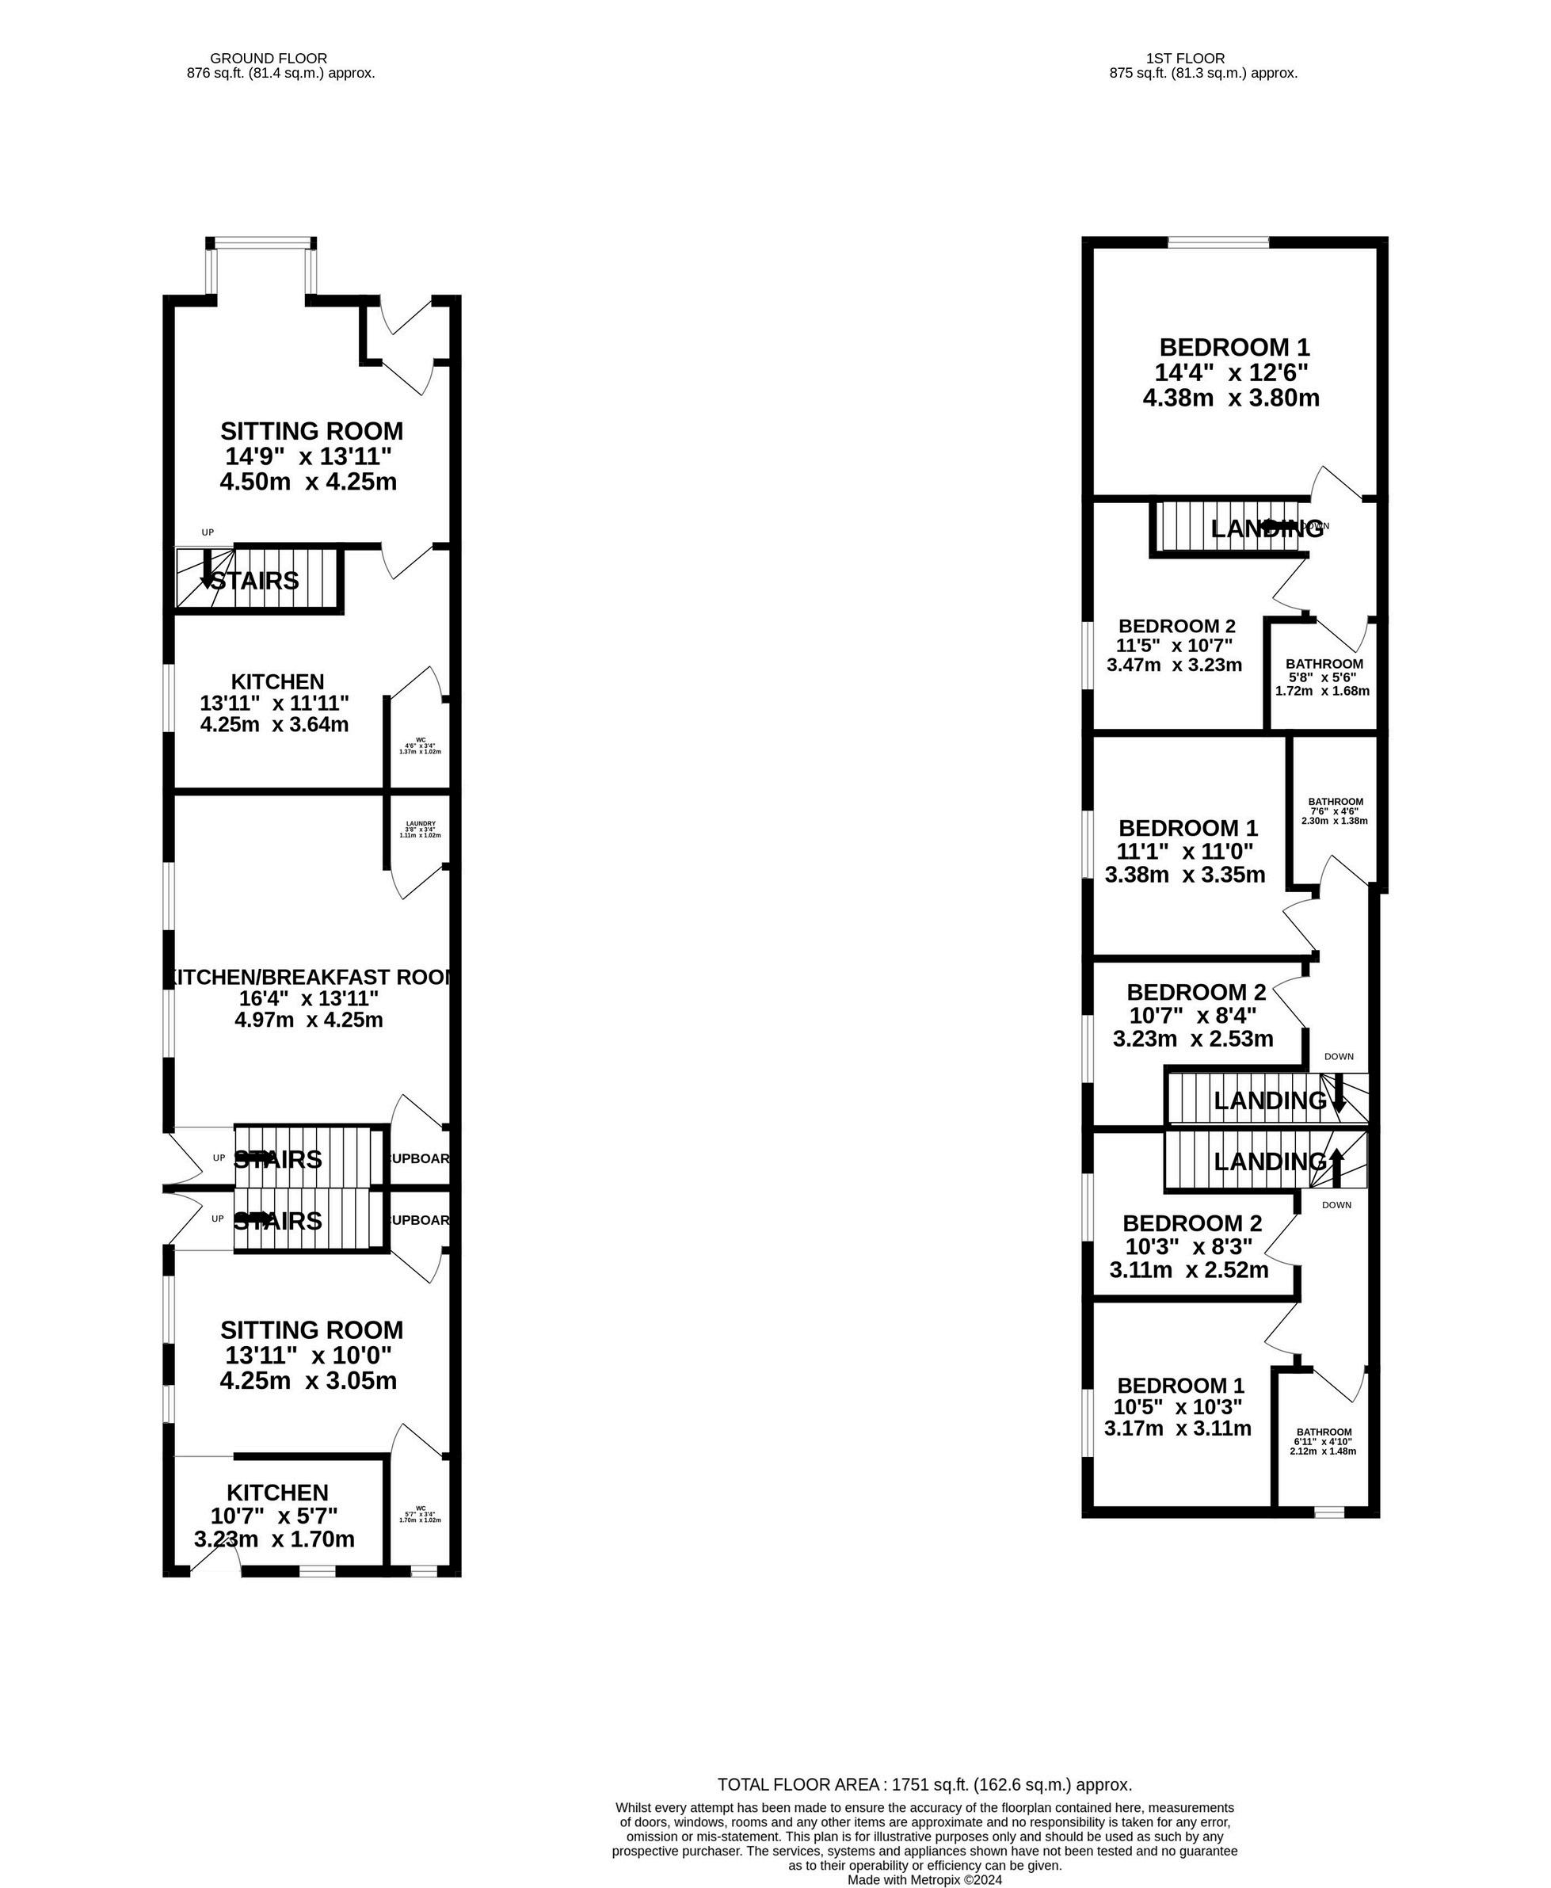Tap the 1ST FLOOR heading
click(x=1202, y=58)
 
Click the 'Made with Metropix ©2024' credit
click(x=924, y=1879)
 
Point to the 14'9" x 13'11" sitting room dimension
click(x=308, y=456)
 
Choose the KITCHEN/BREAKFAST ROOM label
click(x=309, y=977)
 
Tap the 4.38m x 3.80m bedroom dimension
click(x=1230, y=398)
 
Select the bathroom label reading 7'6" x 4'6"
click(x=1335, y=802)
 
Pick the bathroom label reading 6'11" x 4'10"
click(x=1323, y=1432)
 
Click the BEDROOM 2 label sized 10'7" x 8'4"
click(x=1195, y=992)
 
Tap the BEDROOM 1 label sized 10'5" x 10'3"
click(x=1180, y=1385)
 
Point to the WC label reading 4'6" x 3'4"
click(x=420, y=740)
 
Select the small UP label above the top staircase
click(x=208, y=532)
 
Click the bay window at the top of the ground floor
click(x=260, y=242)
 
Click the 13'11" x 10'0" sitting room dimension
click(x=308, y=1356)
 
